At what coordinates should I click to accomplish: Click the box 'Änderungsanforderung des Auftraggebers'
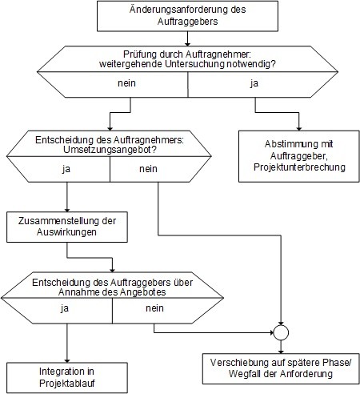click(187, 16)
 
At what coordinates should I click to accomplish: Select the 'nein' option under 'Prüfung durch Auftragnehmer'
click(126, 83)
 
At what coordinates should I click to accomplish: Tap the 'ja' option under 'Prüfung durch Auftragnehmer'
click(254, 83)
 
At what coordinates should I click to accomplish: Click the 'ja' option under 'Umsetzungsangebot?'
click(66, 169)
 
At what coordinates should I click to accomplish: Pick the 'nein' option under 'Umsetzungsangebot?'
click(148, 169)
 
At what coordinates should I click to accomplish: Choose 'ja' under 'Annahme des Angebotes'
click(64, 308)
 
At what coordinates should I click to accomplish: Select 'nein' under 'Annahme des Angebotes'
click(154, 308)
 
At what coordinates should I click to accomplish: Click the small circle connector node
click(281, 332)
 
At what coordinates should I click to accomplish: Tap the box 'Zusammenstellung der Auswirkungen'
click(67, 227)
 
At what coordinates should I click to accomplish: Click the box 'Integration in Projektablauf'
click(67, 377)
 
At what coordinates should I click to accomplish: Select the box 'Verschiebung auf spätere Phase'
click(281, 368)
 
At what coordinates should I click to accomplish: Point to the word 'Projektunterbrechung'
click(299, 167)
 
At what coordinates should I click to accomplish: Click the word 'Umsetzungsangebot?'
click(110, 150)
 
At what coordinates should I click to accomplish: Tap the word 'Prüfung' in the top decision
click(140, 54)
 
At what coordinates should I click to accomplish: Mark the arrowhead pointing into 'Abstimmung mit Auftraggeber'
click(299, 129)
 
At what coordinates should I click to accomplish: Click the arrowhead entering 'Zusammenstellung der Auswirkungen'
click(67, 210)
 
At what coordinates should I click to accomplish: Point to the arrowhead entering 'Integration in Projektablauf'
click(67, 360)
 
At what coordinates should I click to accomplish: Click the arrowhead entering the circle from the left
click(272, 332)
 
